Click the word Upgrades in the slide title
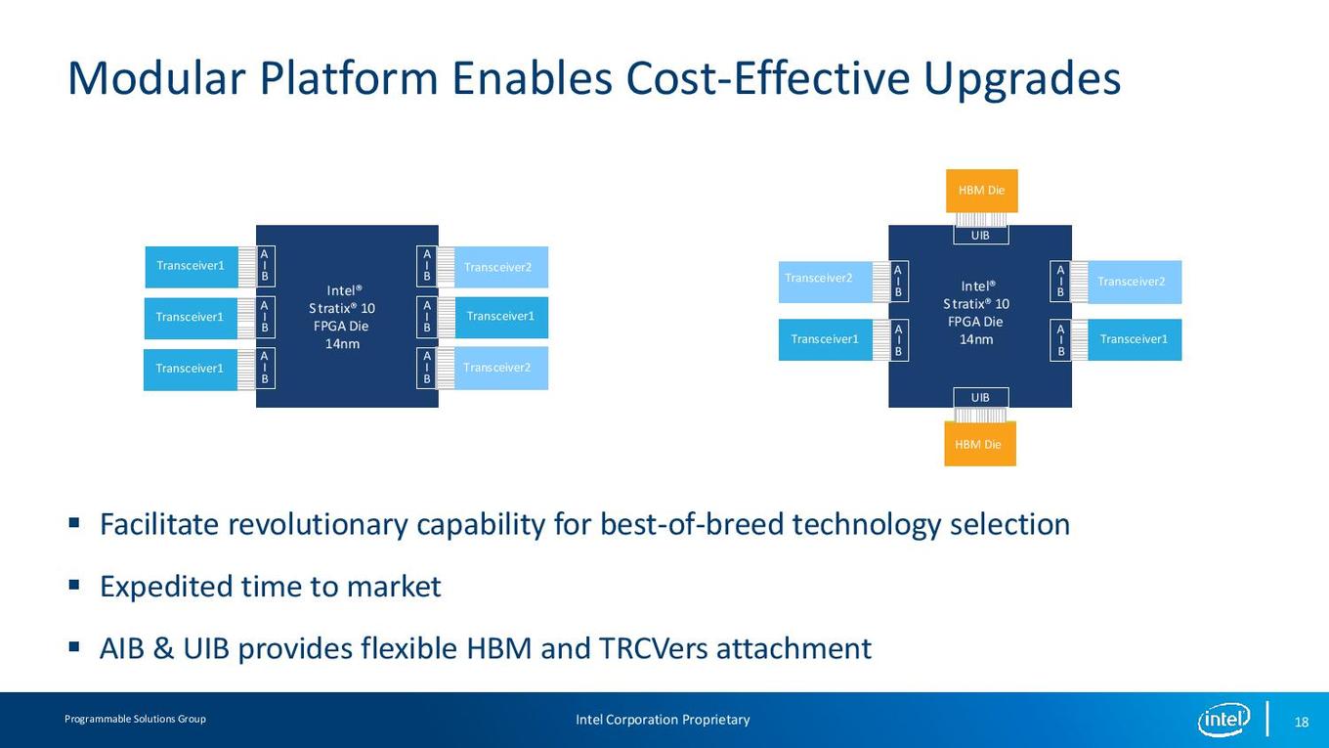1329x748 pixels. pyautogui.click(x=1022, y=79)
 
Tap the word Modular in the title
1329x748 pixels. pyautogui.click(x=157, y=78)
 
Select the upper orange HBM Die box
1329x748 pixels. pyautogui.click(x=982, y=191)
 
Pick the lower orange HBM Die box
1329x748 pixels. pyautogui.click(x=980, y=444)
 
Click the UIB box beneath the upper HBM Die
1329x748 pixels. pyautogui.click(x=981, y=235)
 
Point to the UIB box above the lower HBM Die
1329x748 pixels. pyautogui.click(x=981, y=397)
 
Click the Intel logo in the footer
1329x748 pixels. pyautogui.click(x=1224, y=720)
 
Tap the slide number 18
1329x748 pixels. pyautogui.click(x=1302, y=722)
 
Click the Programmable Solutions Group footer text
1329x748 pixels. pyautogui.click(x=135, y=719)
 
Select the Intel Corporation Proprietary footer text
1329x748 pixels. pyautogui.click(x=663, y=720)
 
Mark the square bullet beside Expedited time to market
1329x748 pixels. pyautogui.click(x=74, y=586)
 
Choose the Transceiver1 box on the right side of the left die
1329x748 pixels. pyautogui.click(x=501, y=317)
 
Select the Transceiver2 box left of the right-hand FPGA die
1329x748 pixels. pyautogui.click(x=826, y=282)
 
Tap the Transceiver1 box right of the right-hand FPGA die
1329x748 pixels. pyautogui.click(x=1135, y=339)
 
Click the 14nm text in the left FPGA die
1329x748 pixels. pyautogui.click(x=342, y=344)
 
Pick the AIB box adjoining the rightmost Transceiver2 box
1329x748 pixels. pyautogui.click(x=1060, y=282)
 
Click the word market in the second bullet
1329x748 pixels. pyautogui.click(x=394, y=587)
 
